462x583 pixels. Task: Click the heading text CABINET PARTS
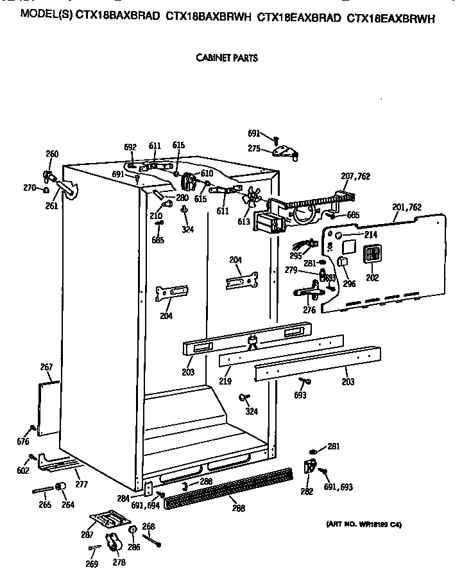coord(227,58)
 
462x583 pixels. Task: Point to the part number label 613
coord(244,222)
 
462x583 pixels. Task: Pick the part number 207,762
coord(355,176)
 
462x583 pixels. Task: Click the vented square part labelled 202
coord(372,255)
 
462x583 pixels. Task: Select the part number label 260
coord(52,154)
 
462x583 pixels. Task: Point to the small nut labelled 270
coord(47,189)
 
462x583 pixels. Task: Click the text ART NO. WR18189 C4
coord(364,525)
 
